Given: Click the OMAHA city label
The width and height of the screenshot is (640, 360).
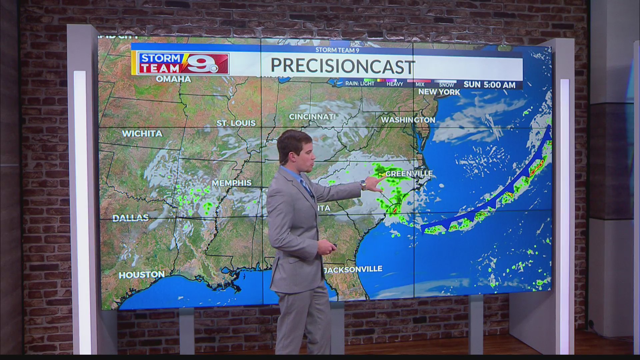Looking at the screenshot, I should [173, 79].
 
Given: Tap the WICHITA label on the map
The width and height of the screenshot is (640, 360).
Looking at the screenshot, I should [142, 134].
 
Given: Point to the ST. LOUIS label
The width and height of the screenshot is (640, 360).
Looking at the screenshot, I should [236, 123].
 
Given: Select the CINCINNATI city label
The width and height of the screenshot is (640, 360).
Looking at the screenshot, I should [312, 117].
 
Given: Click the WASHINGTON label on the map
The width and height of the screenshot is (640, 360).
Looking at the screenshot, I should [408, 120].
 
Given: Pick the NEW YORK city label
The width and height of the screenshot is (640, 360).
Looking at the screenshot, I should [439, 92].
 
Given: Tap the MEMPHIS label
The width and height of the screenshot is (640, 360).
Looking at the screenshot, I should [232, 183].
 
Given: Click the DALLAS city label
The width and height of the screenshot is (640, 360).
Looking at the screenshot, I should [131, 218].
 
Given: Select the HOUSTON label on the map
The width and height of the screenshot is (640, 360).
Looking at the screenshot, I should [142, 275].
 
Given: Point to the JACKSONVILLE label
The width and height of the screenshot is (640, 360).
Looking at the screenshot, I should [354, 269].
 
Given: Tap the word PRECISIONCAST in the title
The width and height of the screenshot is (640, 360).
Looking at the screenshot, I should [343, 66].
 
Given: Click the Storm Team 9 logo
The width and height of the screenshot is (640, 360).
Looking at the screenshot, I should [184, 63].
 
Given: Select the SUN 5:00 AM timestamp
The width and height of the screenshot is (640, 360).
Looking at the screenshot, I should [489, 85].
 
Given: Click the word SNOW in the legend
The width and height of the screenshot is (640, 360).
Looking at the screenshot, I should [446, 85].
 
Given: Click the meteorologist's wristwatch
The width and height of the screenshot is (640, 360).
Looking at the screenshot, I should [363, 184].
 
